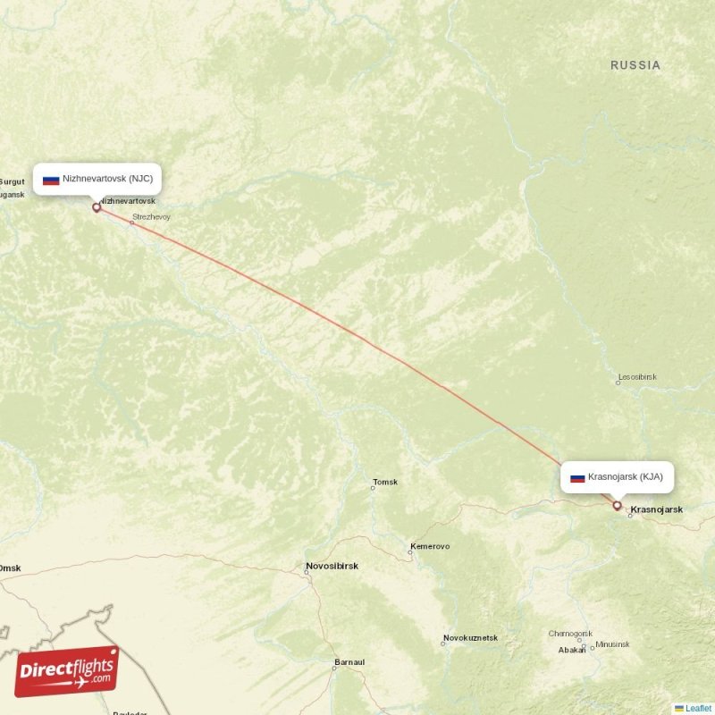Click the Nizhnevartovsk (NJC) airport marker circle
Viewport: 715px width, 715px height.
97,207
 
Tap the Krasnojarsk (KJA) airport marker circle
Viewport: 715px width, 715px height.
617,506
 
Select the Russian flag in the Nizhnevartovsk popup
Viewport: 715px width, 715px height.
51,180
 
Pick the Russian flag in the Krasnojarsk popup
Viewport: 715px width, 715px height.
577,477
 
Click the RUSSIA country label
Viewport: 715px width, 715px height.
635,65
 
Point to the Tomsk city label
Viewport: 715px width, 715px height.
385,483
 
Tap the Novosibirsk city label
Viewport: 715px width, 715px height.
332,567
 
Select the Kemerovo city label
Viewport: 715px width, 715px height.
430,546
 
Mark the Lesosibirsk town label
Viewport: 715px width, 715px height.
636,377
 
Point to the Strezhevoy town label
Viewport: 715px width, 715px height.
151,217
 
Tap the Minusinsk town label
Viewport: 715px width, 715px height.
612,644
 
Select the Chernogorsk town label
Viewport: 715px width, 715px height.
570,634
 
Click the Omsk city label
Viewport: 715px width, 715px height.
10,568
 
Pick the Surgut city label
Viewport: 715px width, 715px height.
13,181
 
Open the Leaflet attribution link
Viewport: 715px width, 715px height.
698,708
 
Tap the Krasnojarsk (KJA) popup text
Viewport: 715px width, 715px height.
626,477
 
